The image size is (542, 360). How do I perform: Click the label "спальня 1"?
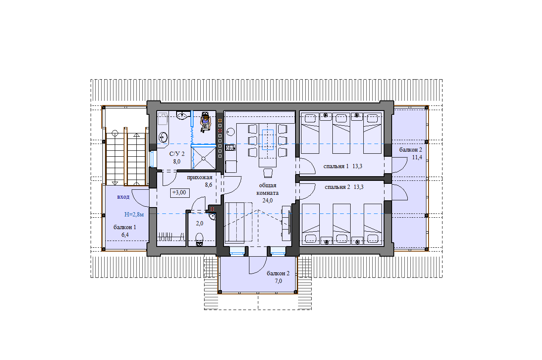tap(336, 166)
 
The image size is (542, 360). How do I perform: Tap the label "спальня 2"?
tap(337, 187)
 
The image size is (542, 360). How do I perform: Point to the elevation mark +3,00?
tap(180, 193)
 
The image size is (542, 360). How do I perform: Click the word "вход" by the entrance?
tap(123, 197)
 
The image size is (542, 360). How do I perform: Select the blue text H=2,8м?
tap(134, 214)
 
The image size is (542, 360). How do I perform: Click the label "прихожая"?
tap(199, 177)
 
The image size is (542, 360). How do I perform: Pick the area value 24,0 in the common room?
tap(267, 200)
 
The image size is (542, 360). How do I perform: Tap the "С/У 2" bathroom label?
tap(177, 154)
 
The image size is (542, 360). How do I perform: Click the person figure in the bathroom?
tap(205, 122)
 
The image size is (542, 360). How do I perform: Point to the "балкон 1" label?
tap(124, 227)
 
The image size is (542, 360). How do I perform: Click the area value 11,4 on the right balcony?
tap(417, 157)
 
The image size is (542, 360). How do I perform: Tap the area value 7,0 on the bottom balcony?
tap(278, 281)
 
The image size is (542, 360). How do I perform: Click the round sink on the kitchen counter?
tap(231, 132)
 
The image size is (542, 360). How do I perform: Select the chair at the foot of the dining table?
tap(268, 173)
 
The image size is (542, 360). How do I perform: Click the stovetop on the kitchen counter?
tap(230, 147)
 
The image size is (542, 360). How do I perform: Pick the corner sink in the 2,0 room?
tap(212, 217)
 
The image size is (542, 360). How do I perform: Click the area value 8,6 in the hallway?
tap(208, 185)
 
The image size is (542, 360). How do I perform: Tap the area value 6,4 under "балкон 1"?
tap(125, 235)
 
